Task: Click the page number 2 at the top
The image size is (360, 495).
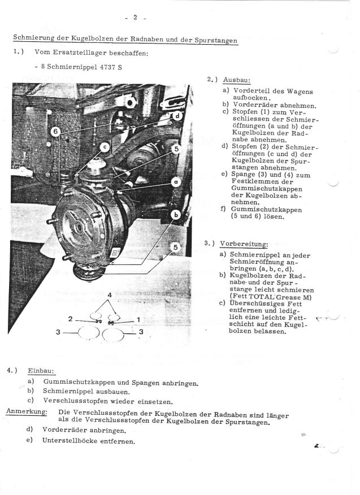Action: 136,17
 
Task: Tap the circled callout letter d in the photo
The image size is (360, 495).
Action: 176,116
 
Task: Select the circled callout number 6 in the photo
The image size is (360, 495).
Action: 55,131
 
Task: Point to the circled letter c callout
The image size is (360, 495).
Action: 105,146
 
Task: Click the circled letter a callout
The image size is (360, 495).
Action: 176,183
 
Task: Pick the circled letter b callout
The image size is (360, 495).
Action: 176,215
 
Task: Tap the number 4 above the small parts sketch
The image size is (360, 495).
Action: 109,296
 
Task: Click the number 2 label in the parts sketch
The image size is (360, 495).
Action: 70,319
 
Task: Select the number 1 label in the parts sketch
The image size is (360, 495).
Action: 138,319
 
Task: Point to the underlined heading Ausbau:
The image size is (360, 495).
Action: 233,80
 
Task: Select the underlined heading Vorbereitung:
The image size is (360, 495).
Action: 244,244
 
